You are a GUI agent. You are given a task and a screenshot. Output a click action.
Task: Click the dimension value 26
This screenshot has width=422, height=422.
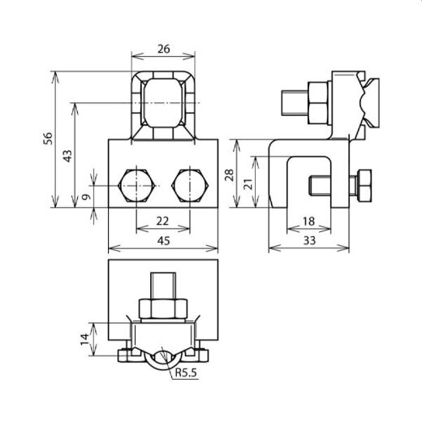click(x=164, y=49)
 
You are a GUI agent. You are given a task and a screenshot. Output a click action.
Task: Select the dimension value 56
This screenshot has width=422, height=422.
click(x=49, y=139)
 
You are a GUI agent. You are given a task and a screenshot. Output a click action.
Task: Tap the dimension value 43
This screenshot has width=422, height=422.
click(x=67, y=156)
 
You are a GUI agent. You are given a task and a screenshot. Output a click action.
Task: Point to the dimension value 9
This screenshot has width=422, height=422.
click(x=86, y=196)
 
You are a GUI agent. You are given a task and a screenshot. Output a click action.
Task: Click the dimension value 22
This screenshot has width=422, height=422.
click(x=162, y=221)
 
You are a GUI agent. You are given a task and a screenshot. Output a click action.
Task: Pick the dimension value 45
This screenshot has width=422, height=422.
click(x=164, y=240)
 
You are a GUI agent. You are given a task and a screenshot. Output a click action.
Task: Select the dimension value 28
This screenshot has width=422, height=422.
click(x=229, y=175)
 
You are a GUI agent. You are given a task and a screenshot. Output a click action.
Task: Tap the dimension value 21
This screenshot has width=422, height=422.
click(x=248, y=183)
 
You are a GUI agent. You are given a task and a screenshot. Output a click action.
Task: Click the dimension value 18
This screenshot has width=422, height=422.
click(x=308, y=222)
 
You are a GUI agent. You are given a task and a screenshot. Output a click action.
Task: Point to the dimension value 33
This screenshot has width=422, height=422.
click(x=309, y=240)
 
